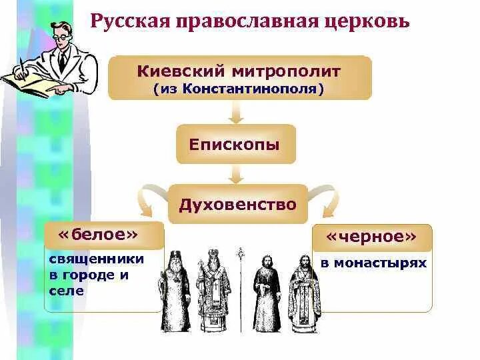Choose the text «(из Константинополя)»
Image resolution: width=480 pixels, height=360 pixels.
(x=239, y=88)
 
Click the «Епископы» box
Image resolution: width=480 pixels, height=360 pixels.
(x=235, y=144)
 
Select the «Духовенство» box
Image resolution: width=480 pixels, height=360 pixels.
(x=237, y=204)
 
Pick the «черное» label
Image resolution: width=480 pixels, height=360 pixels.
(x=373, y=237)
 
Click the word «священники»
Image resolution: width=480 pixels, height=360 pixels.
(x=96, y=259)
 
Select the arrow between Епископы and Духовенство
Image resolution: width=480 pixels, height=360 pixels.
(x=236, y=174)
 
